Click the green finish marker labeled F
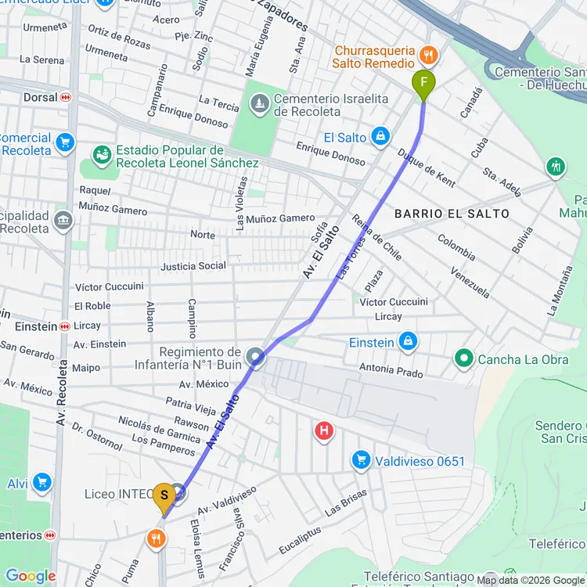pos(423,83)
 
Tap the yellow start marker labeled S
pos(164,496)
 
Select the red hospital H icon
pos(323,430)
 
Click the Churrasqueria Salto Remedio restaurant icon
pos(428,55)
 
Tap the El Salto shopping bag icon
pos(380,137)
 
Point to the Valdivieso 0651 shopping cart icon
pos(361,460)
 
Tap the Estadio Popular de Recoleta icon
pos(102,156)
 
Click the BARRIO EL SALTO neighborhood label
pos(452,214)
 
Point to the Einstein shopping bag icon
pos(408,342)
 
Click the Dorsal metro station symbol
pos(66,98)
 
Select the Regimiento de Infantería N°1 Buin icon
pos(256,358)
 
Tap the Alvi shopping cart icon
pos(41,483)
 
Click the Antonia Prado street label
pos(391,369)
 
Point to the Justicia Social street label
pos(193,266)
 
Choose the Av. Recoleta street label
pos(61,391)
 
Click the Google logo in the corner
pos(31,576)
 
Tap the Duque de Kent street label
pos(426,167)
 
